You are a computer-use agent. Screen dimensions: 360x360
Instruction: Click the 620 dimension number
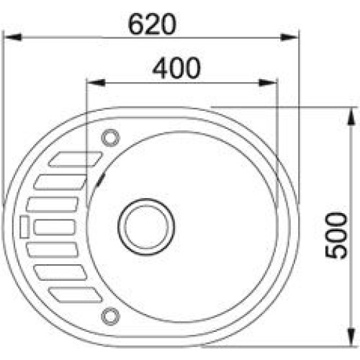pyautogui.click(x=152, y=24)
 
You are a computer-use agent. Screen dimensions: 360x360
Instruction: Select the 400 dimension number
pyautogui.click(x=176, y=68)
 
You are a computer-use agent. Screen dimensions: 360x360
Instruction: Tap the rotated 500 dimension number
pyautogui.click(x=336, y=235)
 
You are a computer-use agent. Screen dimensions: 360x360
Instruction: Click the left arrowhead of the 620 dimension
pyautogui.click(x=12, y=37)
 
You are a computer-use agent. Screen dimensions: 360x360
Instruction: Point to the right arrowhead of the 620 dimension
pyautogui.click(x=289, y=37)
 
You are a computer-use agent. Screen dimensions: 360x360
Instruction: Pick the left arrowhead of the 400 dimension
pyautogui.click(x=96, y=83)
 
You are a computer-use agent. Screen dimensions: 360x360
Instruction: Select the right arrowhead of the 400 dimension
pyautogui.click(x=268, y=83)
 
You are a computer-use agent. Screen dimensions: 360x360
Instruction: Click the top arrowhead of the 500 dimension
pyautogui.click(x=351, y=116)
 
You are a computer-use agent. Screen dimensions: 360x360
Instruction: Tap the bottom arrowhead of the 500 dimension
pyautogui.click(x=351, y=337)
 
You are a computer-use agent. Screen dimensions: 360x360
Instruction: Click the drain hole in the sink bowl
pyautogui.click(x=146, y=227)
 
